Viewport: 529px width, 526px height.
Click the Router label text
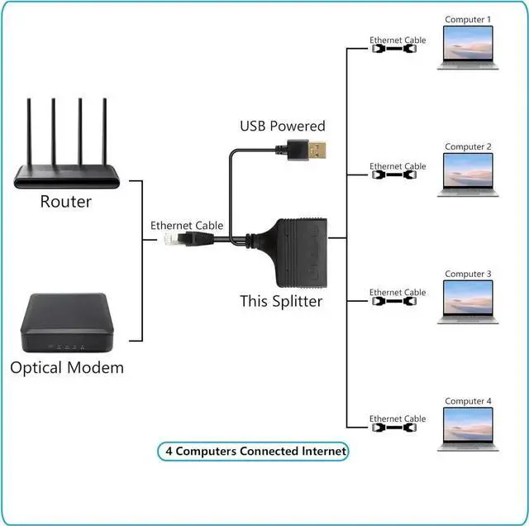tap(66, 202)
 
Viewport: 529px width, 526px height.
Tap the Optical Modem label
tap(67, 367)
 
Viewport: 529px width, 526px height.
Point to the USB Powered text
tap(283, 127)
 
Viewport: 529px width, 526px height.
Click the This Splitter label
tap(281, 301)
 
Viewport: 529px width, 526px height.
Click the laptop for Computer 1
tap(468, 46)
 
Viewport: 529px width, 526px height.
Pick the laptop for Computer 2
tap(468, 174)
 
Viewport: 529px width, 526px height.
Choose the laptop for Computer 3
tap(468, 301)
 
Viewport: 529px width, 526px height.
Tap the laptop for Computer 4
tap(468, 428)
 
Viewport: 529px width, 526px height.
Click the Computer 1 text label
tap(468, 19)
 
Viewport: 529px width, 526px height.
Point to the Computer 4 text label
tap(468, 401)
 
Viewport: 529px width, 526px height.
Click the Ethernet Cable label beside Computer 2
tap(398, 166)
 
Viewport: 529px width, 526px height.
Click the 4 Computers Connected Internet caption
tap(253, 452)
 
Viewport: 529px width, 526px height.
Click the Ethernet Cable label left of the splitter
tap(187, 225)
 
